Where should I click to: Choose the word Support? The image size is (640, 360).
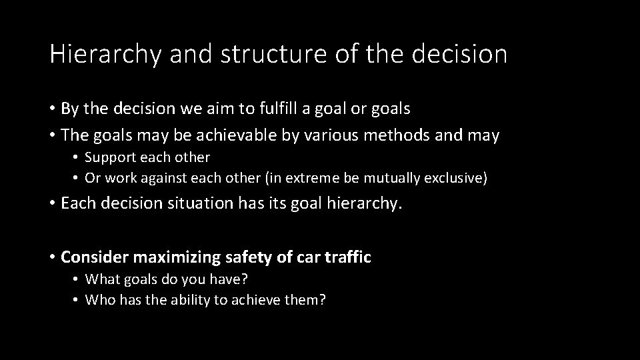pyautogui.click(x=109, y=157)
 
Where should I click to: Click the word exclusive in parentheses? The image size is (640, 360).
pyautogui.click(x=461, y=178)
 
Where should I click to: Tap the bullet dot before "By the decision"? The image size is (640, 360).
pyautogui.click(x=52, y=109)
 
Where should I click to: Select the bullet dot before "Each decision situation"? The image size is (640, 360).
pyautogui.click(x=52, y=203)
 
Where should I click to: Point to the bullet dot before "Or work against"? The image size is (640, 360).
pyautogui.click(x=77, y=179)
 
